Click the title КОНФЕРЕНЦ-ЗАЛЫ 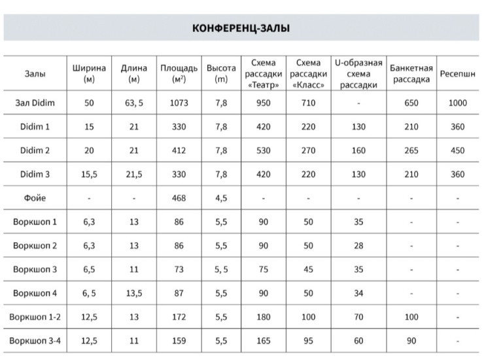[x=241, y=28]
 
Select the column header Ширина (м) [x=89, y=74]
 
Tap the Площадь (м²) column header [x=178, y=74]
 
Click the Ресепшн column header [x=457, y=74]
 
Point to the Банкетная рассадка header [x=411, y=74]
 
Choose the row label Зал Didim [x=35, y=103]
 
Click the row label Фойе [x=35, y=198]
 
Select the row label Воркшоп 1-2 [x=35, y=317]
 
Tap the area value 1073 [x=178, y=103]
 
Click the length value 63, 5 [x=133, y=103]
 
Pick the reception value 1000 [x=457, y=103]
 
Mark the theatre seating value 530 [x=264, y=151]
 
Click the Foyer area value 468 [x=178, y=198]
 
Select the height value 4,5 [x=221, y=198]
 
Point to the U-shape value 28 [x=358, y=245]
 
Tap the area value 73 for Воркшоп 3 [x=178, y=269]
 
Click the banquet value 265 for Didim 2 [x=411, y=151]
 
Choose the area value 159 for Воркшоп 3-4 [x=178, y=341]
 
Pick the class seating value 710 [x=308, y=103]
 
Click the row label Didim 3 [x=35, y=174]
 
